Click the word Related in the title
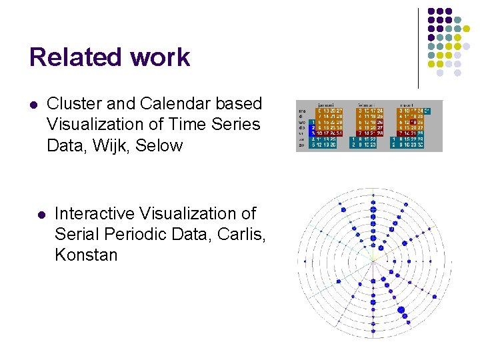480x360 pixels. (70, 57)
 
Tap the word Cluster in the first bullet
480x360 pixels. (73, 104)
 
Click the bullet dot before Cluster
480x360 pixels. (33, 105)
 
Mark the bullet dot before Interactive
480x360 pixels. (41, 215)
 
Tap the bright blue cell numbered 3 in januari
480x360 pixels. (313, 133)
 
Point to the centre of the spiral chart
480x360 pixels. (373, 259)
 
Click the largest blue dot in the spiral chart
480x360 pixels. (402, 309)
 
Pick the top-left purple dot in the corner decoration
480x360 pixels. (431, 11)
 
